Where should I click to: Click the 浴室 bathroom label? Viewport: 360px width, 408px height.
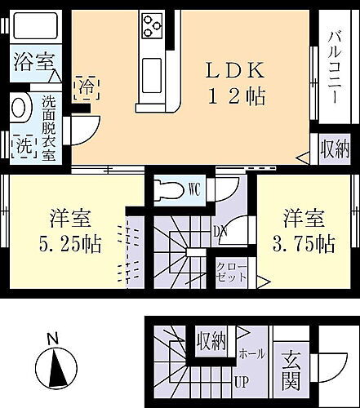(32, 62)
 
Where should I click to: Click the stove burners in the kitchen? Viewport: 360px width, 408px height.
(152, 25)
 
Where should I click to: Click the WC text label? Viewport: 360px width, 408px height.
(195, 187)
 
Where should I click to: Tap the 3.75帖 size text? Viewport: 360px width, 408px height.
(303, 242)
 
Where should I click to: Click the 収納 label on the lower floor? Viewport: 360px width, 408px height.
(210, 339)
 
